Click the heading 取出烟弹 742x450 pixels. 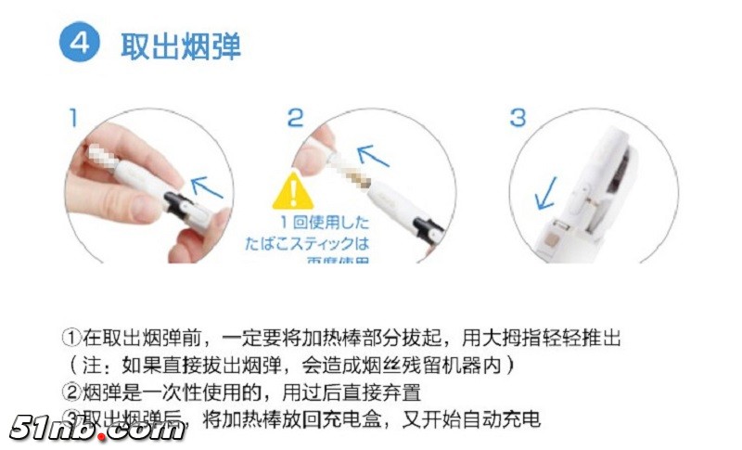coord(180,45)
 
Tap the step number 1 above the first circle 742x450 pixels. coord(74,118)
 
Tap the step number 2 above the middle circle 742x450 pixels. coord(294,118)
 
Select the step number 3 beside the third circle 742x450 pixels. coord(517,118)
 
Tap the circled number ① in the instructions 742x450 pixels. coord(72,335)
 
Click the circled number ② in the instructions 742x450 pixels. coord(72,392)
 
